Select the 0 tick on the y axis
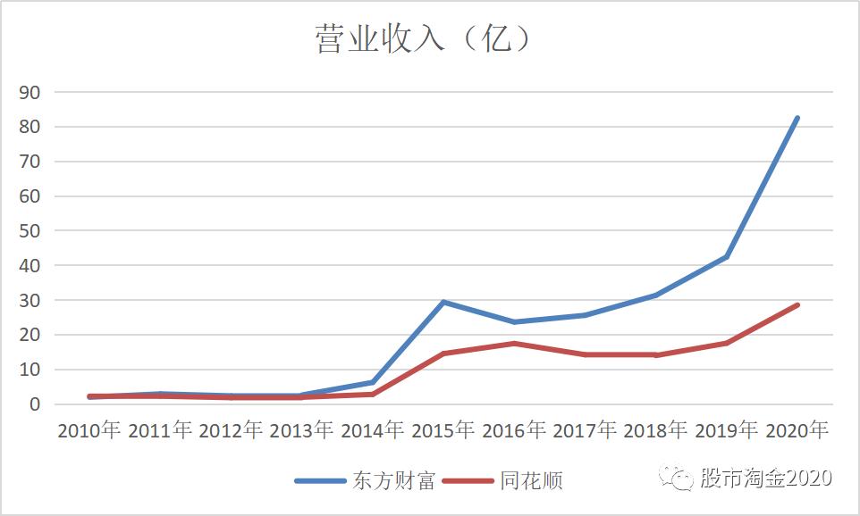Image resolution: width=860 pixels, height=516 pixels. point(35,404)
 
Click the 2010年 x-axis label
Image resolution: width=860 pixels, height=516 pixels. point(89,430)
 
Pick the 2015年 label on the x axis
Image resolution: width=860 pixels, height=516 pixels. point(443,430)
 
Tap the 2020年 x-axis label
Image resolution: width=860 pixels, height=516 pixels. point(797,430)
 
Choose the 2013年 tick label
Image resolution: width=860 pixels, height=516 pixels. point(301,430)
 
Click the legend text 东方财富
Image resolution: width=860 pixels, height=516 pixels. point(393,481)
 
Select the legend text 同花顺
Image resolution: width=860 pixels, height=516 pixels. point(532,481)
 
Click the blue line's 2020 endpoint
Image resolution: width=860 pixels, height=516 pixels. point(797,118)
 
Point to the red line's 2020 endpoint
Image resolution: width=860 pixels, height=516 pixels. point(797,305)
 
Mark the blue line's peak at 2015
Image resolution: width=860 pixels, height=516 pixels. point(443,302)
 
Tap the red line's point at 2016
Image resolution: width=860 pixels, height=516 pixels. point(514,343)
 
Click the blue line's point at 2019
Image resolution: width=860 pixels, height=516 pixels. point(727,257)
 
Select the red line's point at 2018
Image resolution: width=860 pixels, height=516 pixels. point(655,354)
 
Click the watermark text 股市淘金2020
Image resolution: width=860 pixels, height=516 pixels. point(766,478)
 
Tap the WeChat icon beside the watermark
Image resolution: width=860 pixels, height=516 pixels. point(677,479)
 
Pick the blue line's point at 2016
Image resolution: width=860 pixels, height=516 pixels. point(514,321)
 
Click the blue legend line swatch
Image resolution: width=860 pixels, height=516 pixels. point(320,481)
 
